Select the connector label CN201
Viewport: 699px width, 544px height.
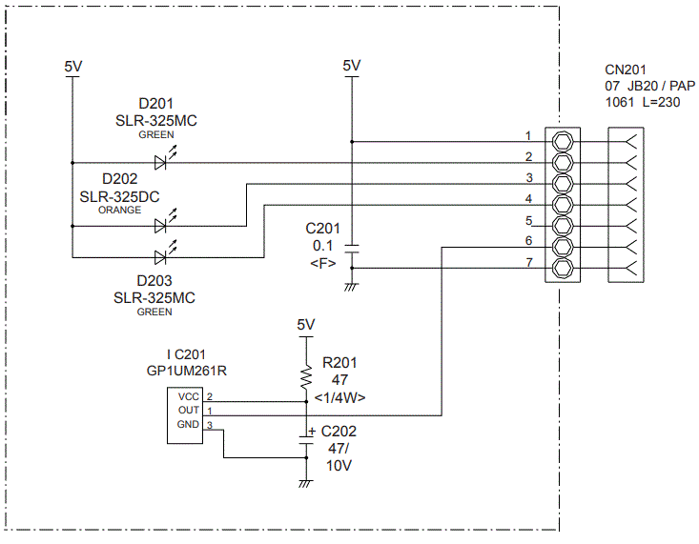point(626,70)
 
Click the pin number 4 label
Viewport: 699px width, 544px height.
point(527,198)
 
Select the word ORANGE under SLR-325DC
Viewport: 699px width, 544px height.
point(119,210)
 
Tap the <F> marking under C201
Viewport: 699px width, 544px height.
point(321,262)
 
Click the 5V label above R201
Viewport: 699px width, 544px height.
point(305,325)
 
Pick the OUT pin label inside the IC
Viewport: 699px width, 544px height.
point(188,410)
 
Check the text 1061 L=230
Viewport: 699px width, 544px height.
point(643,102)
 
